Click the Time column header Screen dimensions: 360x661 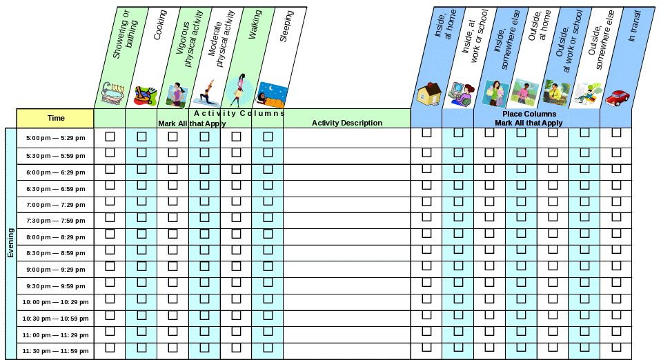[56, 118]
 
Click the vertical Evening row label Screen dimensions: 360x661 [10, 243]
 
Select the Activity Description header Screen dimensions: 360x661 [346, 123]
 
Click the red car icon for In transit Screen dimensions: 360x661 [618, 97]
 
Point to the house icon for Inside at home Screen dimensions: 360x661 [430, 92]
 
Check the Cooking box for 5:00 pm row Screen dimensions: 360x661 [141, 137]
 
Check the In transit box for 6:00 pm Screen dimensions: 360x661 [616, 168]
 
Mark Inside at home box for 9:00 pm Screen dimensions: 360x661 [426, 266]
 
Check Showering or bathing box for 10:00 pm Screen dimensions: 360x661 [110, 299]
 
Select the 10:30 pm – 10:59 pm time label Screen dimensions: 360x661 [56, 319]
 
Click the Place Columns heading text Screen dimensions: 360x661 [529, 114]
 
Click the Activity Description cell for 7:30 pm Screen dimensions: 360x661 [346, 221]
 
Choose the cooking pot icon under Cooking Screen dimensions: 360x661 [144, 94]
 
